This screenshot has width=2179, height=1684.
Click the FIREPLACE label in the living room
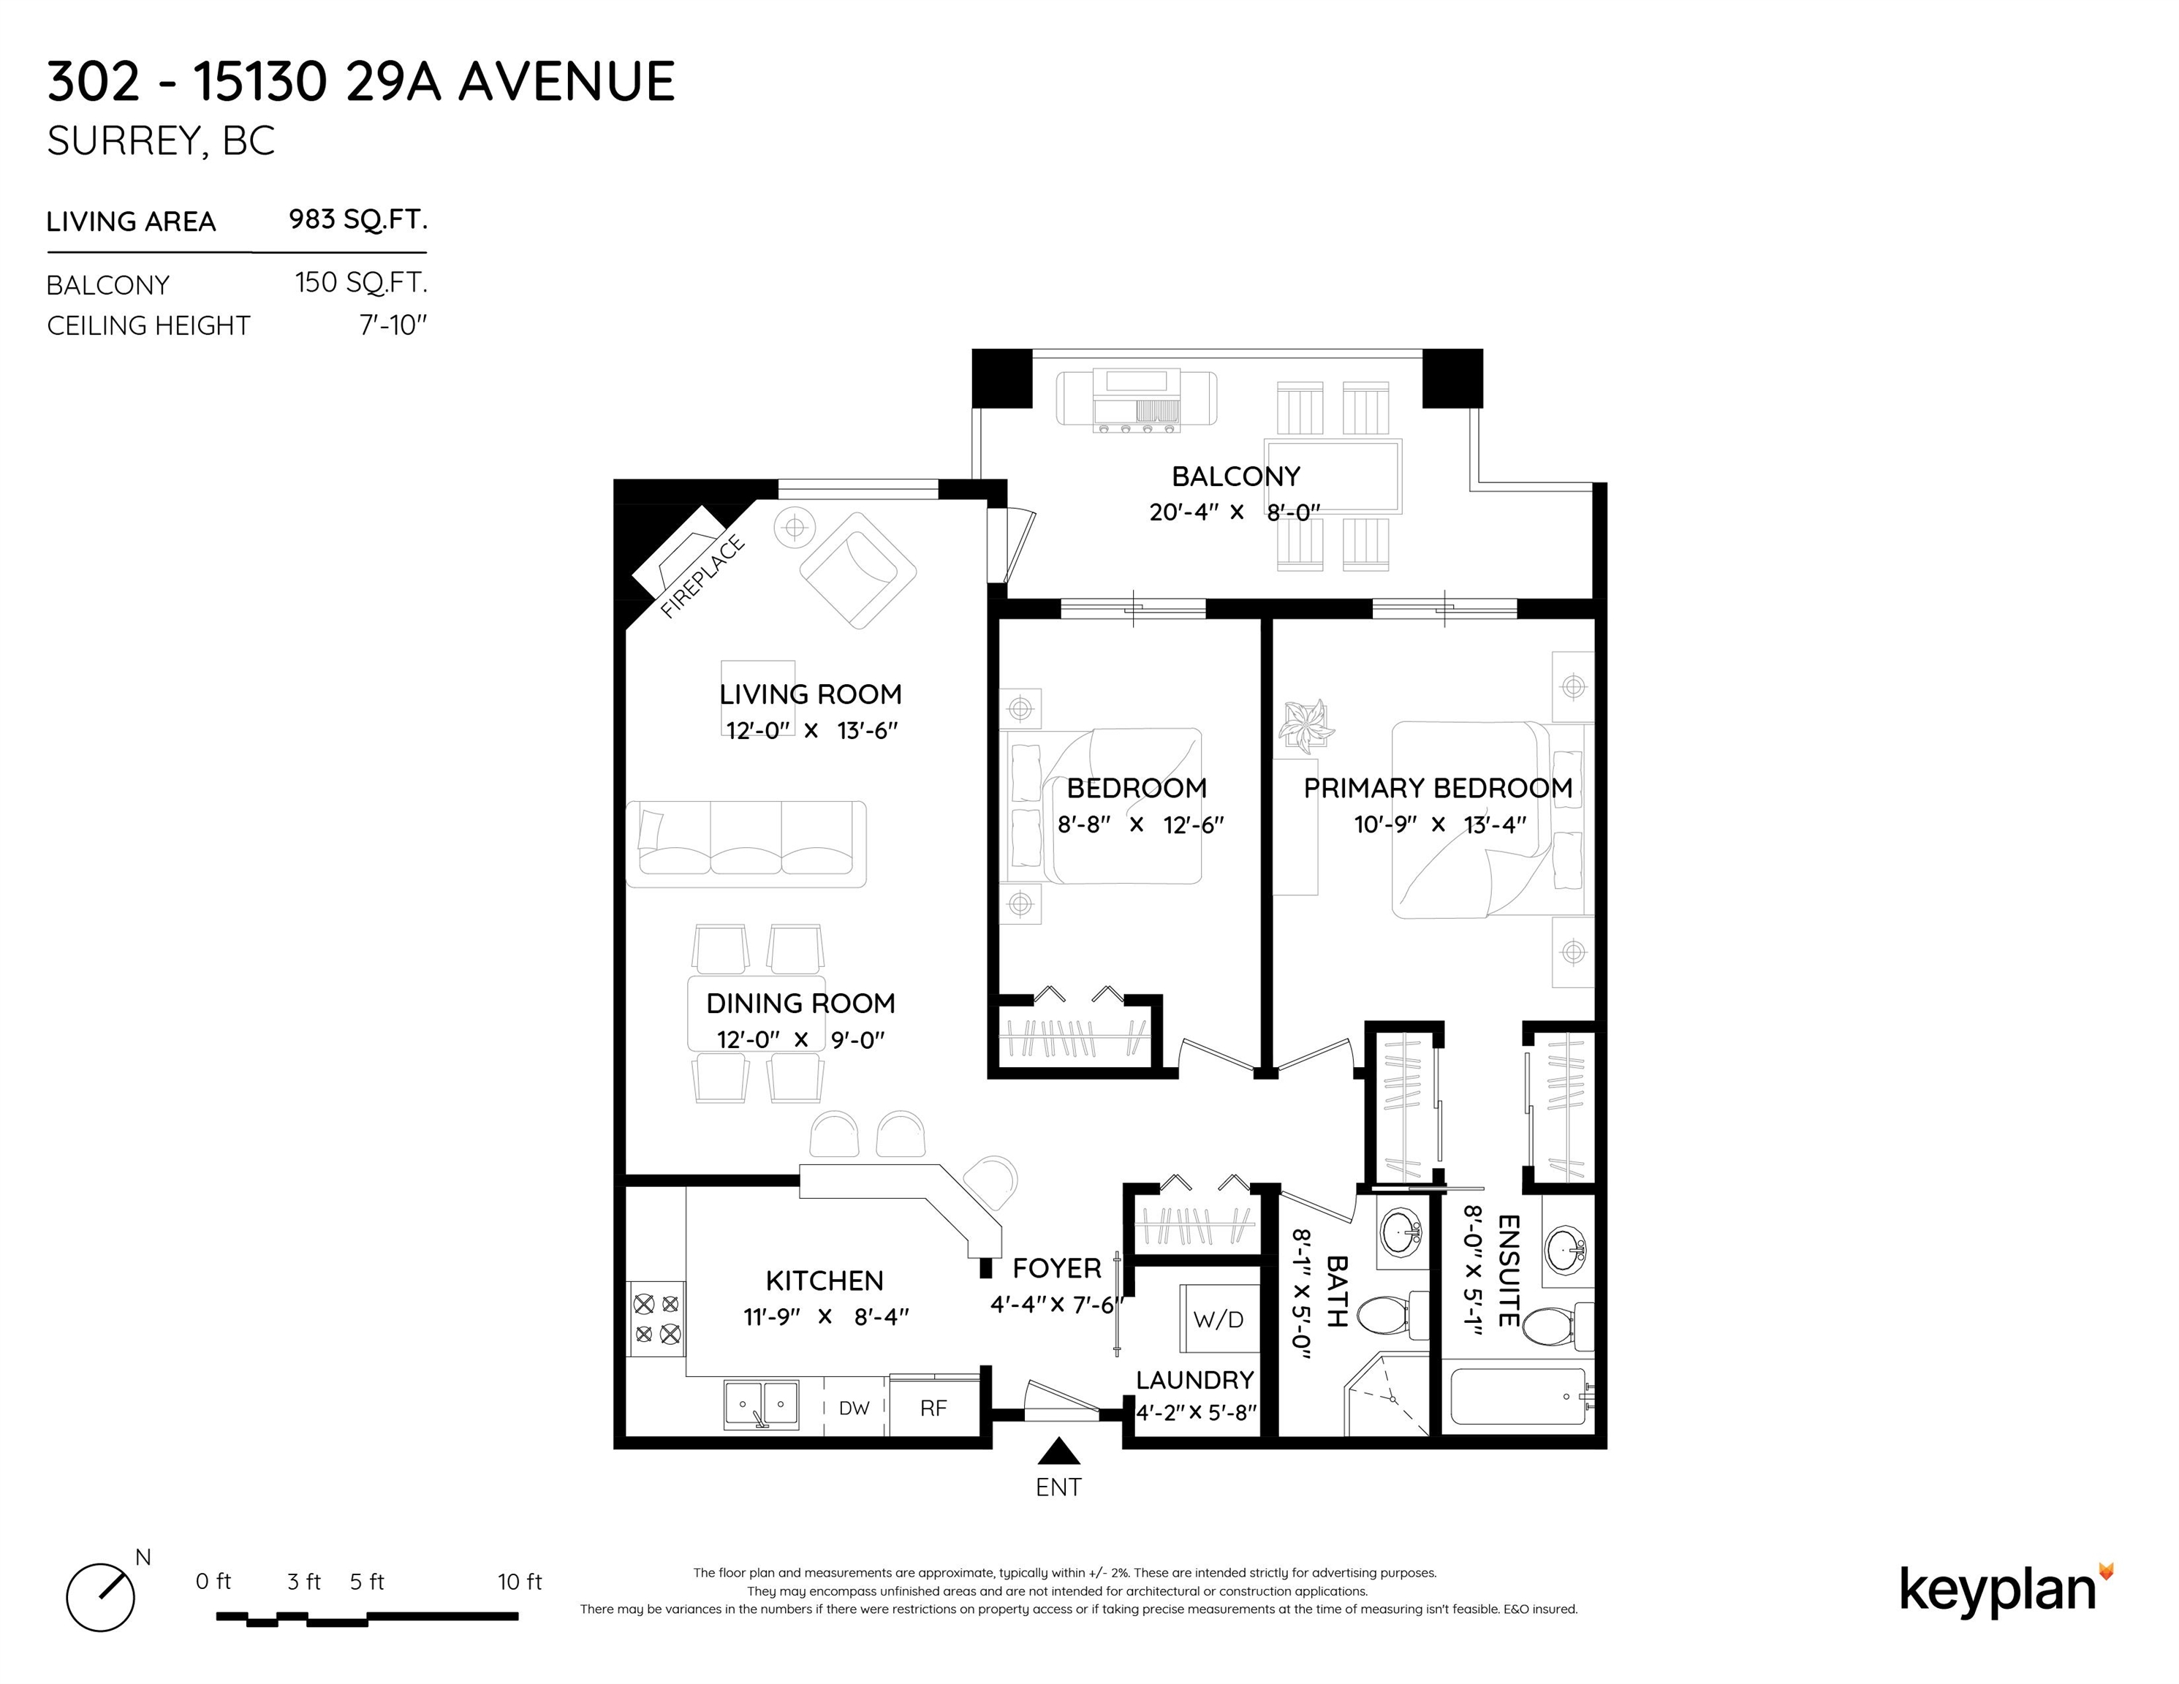[702, 577]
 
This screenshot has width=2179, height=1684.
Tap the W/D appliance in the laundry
[1219, 1319]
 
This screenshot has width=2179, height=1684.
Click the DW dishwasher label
[854, 1408]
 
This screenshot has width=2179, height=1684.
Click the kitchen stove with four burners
[656, 1319]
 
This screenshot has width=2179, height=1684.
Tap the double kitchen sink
[761, 1405]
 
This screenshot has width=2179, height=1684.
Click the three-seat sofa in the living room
[746, 844]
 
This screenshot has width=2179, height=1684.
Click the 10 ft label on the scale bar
[520, 1581]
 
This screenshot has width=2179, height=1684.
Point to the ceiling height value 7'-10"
[393, 325]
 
